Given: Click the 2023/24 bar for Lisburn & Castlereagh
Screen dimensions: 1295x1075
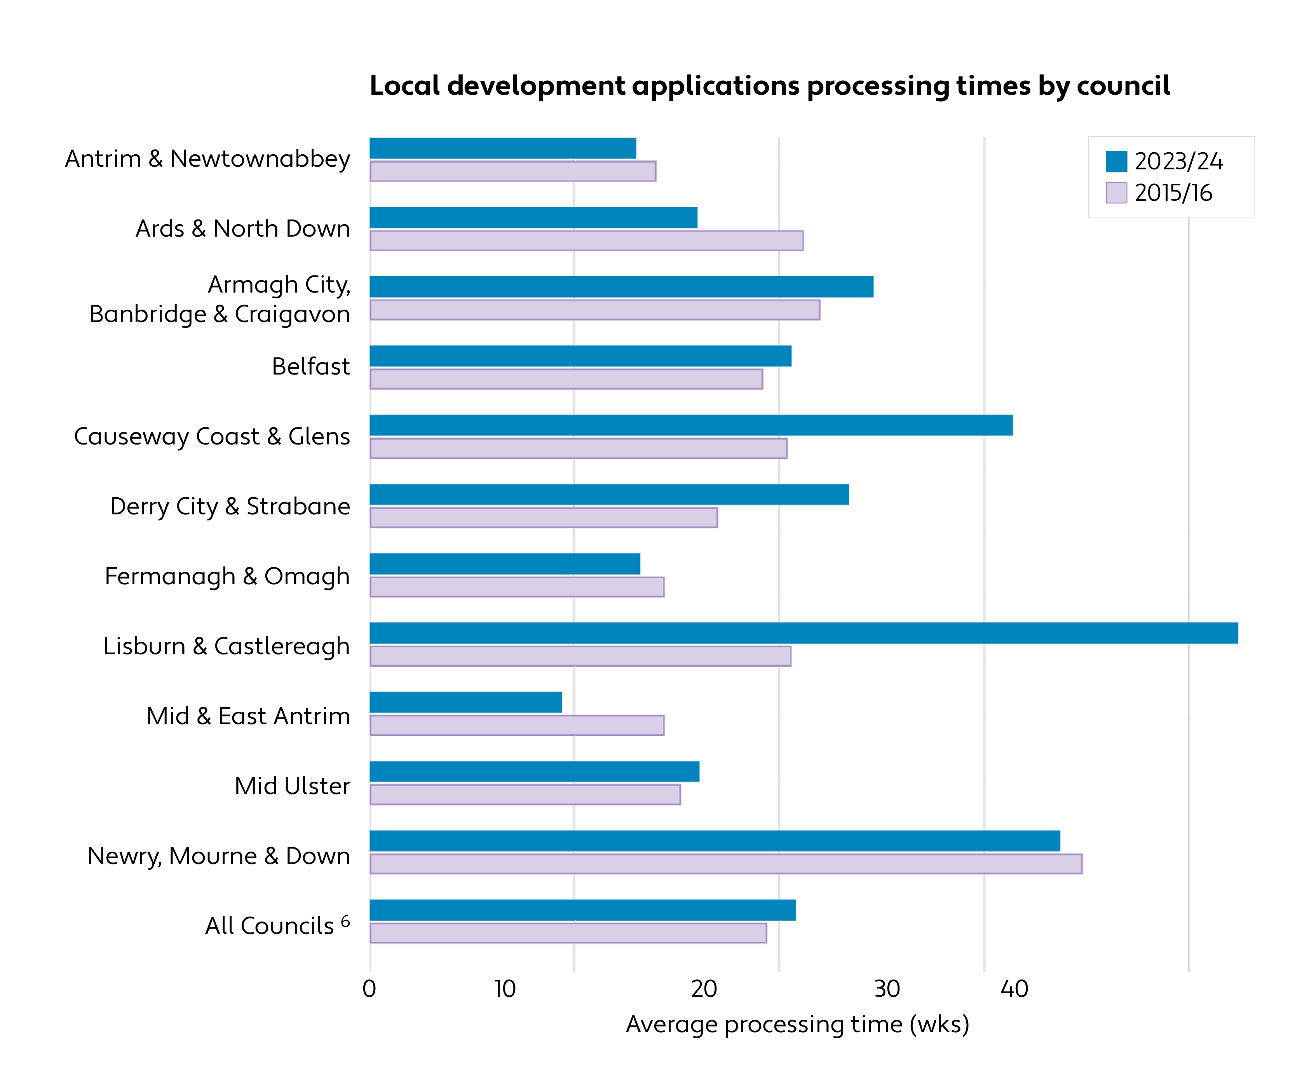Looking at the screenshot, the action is (803, 633).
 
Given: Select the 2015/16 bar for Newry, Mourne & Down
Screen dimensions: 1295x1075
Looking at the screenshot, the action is (726, 863).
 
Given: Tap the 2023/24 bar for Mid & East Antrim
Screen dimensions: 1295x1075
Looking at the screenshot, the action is (465, 702).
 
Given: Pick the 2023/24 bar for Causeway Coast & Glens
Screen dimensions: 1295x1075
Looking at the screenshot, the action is (691, 425).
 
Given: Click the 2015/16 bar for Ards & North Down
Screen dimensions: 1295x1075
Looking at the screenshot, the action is (586, 240).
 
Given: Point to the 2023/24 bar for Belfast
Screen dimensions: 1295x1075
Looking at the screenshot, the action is (580, 356).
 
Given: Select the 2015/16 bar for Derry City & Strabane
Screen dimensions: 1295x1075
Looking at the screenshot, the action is (543, 517).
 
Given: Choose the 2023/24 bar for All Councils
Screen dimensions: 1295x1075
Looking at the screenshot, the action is (582, 910).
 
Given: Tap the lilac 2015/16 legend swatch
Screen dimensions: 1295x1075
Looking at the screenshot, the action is (1116, 192).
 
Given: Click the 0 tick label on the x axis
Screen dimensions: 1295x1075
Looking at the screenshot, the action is (370, 989).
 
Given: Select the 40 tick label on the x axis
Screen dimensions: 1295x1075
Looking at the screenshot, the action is (1014, 989).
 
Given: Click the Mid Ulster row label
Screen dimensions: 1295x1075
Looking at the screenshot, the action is (292, 786).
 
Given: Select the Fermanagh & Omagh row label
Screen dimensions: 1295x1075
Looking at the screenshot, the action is (227, 576).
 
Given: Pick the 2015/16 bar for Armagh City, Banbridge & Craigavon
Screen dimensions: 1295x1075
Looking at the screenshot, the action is (594, 310).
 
